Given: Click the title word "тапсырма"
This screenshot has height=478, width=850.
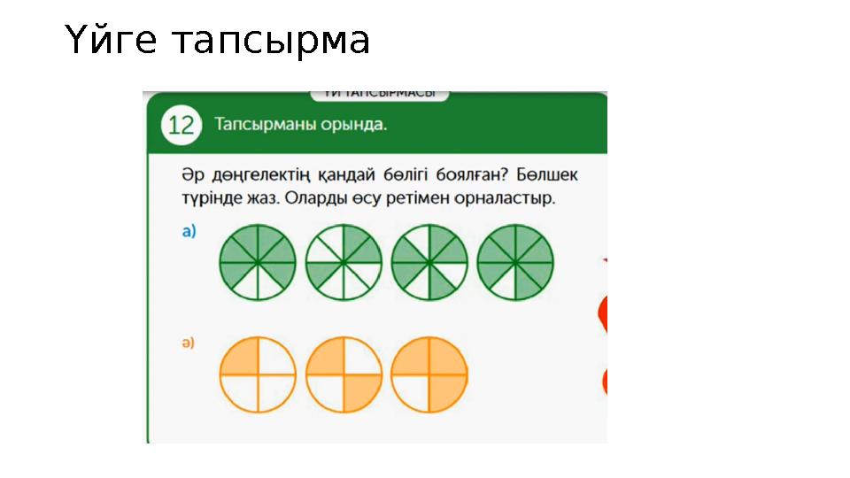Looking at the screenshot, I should click(270, 41).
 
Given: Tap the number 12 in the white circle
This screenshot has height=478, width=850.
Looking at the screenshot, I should click(181, 125).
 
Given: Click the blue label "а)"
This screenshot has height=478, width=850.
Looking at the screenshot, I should click(189, 232).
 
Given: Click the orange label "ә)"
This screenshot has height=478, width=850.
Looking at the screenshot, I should click(189, 342).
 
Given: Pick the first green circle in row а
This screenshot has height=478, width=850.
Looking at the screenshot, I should click(258, 263).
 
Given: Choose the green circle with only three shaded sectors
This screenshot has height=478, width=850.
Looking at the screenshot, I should click(344, 263).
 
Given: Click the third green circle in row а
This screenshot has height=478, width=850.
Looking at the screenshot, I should click(429, 263).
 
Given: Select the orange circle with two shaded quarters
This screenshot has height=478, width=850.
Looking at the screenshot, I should click(344, 374).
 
